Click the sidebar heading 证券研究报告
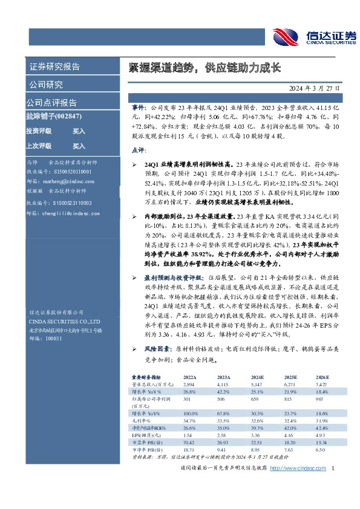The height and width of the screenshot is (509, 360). click(54, 66)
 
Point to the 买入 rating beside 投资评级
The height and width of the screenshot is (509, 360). click(79, 131)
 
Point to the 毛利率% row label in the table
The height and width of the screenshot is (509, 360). click(140, 421)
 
